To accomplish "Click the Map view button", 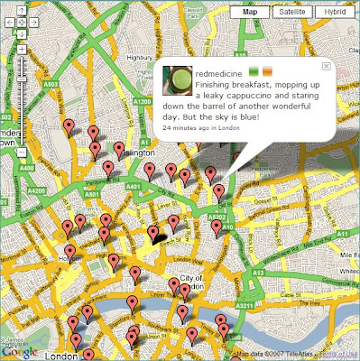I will point(249,13).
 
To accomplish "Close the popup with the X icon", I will point(327,67).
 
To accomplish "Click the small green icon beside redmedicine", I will point(254,71).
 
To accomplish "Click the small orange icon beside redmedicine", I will point(268,71).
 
